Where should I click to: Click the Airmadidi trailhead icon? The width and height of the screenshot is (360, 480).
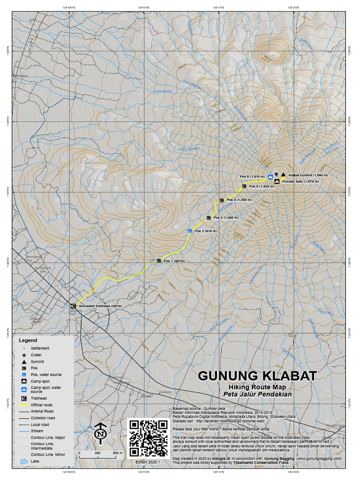(x=73, y=306)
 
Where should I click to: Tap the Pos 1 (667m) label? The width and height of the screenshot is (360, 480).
(x=174, y=261)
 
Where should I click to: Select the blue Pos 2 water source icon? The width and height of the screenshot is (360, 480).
(x=189, y=231)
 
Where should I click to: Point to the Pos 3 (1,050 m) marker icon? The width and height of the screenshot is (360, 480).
(x=209, y=218)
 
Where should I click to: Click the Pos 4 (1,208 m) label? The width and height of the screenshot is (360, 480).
(x=239, y=200)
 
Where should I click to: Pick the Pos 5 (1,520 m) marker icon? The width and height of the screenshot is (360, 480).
(x=244, y=187)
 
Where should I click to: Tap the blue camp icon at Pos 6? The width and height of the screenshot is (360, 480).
(x=270, y=176)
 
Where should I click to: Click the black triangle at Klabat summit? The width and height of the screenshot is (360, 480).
(x=284, y=175)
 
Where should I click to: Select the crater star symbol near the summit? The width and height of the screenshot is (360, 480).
(x=277, y=174)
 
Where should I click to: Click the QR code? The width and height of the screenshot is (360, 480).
(x=148, y=438)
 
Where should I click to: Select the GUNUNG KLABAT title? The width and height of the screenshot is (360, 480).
(x=257, y=376)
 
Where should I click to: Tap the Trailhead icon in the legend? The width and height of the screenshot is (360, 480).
(x=23, y=398)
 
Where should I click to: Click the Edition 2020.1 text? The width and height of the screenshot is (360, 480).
(x=148, y=462)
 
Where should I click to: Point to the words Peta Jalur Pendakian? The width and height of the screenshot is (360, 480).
(x=257, y=394)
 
